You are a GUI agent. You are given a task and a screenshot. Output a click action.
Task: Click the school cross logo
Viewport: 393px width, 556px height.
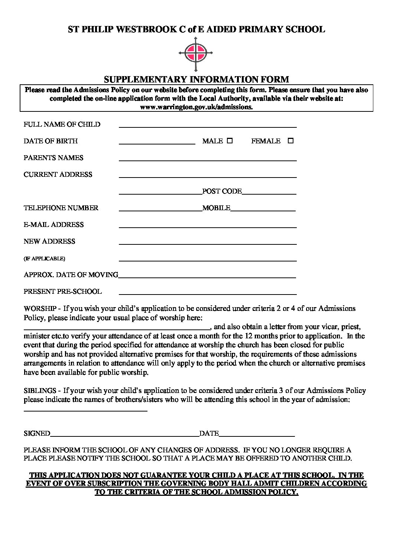click(196, 53)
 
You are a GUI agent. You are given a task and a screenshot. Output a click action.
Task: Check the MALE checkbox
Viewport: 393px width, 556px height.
click(230, 141)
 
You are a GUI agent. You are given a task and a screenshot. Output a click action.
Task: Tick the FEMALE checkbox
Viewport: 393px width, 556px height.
click(290, 141)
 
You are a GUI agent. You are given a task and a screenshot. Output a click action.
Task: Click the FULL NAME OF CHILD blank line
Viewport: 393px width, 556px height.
click(207, 127)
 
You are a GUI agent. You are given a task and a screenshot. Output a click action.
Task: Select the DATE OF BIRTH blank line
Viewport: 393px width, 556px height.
click(157, 143)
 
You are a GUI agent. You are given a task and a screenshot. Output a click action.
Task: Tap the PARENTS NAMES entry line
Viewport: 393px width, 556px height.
click(207, 160)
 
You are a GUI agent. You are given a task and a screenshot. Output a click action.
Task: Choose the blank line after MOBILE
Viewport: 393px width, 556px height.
click(263, 210)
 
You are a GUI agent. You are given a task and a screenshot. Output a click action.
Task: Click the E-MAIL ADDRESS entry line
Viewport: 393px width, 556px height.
click(207, 227)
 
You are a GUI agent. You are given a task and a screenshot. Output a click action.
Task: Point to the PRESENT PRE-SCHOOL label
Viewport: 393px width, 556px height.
click(62, 292)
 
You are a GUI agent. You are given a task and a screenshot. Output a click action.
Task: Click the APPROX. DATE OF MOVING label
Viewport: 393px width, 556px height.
click(71, 275)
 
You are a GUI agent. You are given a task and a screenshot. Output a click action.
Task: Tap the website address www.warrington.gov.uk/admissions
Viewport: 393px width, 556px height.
click(196, 107)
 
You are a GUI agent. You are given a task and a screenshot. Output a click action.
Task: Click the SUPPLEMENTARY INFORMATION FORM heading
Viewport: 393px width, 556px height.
click(196, 79)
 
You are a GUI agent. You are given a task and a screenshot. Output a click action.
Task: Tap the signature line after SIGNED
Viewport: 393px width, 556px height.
click(124, 435)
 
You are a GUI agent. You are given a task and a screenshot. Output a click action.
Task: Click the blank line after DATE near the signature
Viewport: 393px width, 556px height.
click(257, 435)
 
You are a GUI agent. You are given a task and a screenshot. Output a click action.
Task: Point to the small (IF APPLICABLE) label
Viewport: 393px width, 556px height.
click(44, 259)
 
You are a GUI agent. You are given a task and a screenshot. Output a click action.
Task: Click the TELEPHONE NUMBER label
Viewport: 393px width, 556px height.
click(61, 208)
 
